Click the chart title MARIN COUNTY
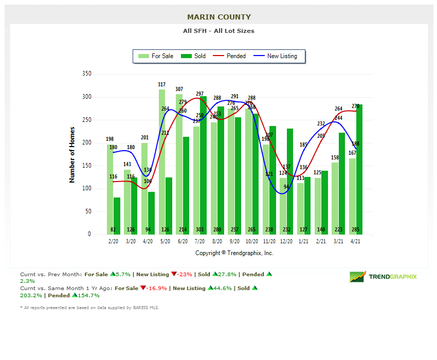pos(219,17)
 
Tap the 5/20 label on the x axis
pos(166,241)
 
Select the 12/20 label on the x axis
pos(286,241)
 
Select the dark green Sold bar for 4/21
pos(359,169)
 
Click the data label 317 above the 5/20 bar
pos(162,84)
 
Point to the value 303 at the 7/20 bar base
pos(200,229)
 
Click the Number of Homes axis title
pos(72,154)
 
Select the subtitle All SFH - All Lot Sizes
pos(219,31)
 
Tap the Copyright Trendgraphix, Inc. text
pos(234,253)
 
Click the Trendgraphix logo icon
pos(358,277)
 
